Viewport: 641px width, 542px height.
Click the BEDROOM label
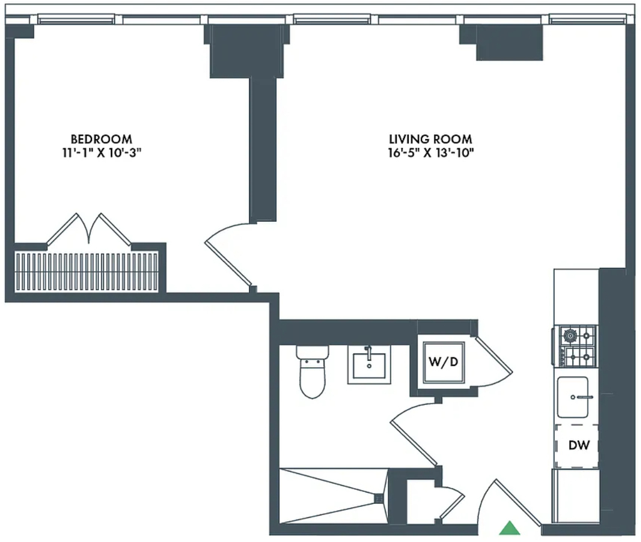(x=101, y=139)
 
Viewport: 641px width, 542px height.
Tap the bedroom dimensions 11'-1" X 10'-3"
(x=102, y=153)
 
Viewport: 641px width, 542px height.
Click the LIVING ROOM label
(x=431, y=139)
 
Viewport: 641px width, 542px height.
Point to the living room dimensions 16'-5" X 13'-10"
(x=431, y=153)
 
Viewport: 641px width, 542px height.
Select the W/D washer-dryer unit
(x=444, y=362)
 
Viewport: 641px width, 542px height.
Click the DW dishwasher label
(x=579, y=445)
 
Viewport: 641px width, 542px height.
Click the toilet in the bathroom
(x=312, y=372)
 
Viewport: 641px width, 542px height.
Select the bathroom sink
(x=369, y=365)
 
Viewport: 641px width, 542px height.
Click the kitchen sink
(x=573, y=397)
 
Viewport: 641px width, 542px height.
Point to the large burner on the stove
(x=569, y=336)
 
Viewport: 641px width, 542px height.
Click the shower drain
(x=379, y=499)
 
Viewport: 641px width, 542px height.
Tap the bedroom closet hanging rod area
(x=86, y=272)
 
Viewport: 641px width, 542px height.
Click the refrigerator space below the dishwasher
(x=576, y=496)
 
